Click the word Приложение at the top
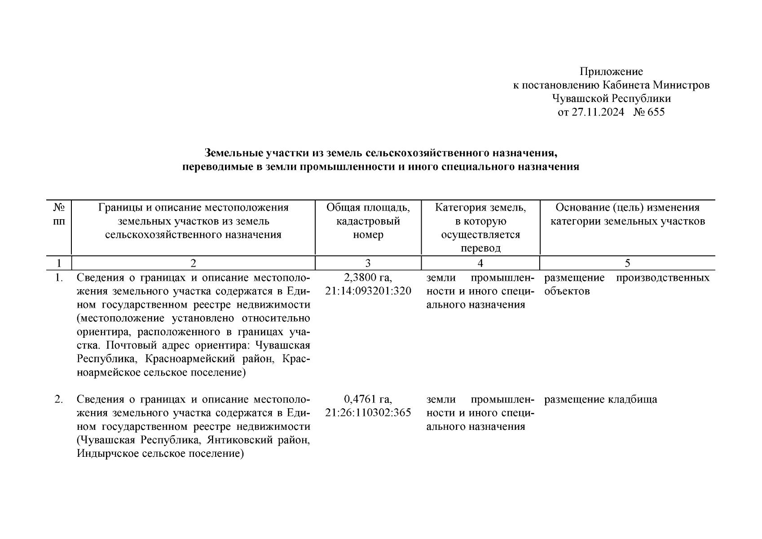611,71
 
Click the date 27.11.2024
597,112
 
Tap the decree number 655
656,112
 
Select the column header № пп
59,214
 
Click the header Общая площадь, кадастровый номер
368,221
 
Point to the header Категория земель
480,208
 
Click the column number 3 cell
368,263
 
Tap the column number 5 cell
627,263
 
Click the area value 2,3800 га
368,278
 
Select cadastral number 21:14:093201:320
368,291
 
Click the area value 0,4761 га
368,399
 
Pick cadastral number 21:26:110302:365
368,413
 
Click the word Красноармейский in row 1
195,359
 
